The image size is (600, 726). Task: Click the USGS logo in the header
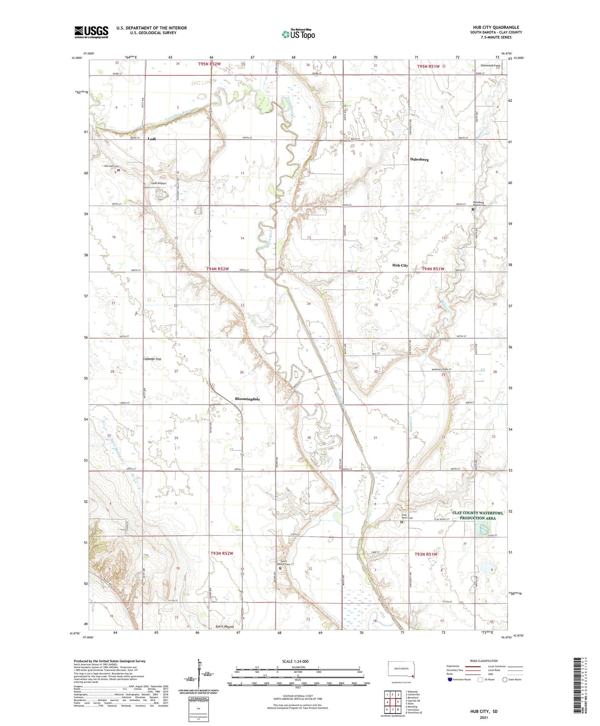click(91, 32)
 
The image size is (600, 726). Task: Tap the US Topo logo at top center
click(298, 34)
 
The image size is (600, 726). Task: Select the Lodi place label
click(152, 139)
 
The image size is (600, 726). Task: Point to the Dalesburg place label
click(419, 159)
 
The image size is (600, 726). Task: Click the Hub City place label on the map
click(400, 265)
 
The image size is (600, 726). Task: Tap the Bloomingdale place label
click(247, 399)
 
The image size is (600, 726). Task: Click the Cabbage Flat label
click(152, 359)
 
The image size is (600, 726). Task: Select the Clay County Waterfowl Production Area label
click(477, 515)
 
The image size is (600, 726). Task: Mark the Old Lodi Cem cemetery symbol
click(118, 170)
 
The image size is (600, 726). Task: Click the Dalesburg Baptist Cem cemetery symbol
click(473, 210)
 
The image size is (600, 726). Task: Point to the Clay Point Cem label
click(407, 516)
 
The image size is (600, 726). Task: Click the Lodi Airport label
click(159, 183)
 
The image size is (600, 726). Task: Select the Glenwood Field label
click(490, 65)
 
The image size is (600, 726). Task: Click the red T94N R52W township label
click(218, 269)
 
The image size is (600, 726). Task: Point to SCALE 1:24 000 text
click(295, 661)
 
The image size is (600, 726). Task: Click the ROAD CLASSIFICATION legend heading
click(484, 661)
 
